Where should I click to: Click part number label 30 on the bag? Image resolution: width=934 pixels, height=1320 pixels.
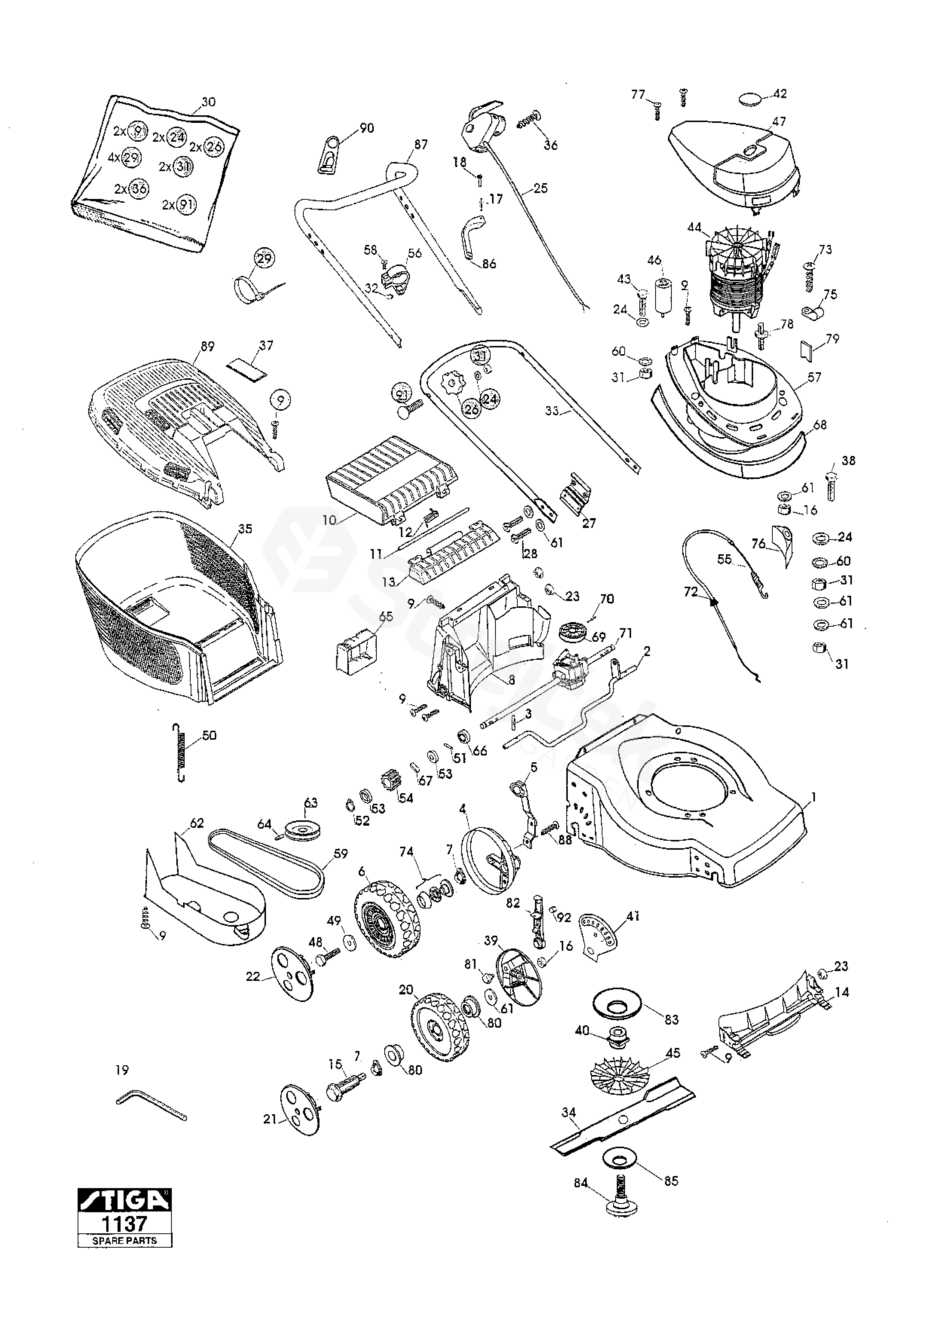(209, 102)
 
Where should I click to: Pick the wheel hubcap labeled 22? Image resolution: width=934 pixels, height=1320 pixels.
(293, 973)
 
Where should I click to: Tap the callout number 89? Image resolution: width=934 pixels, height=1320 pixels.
(207, 346)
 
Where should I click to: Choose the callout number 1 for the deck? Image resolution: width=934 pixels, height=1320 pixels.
(813, 798)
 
